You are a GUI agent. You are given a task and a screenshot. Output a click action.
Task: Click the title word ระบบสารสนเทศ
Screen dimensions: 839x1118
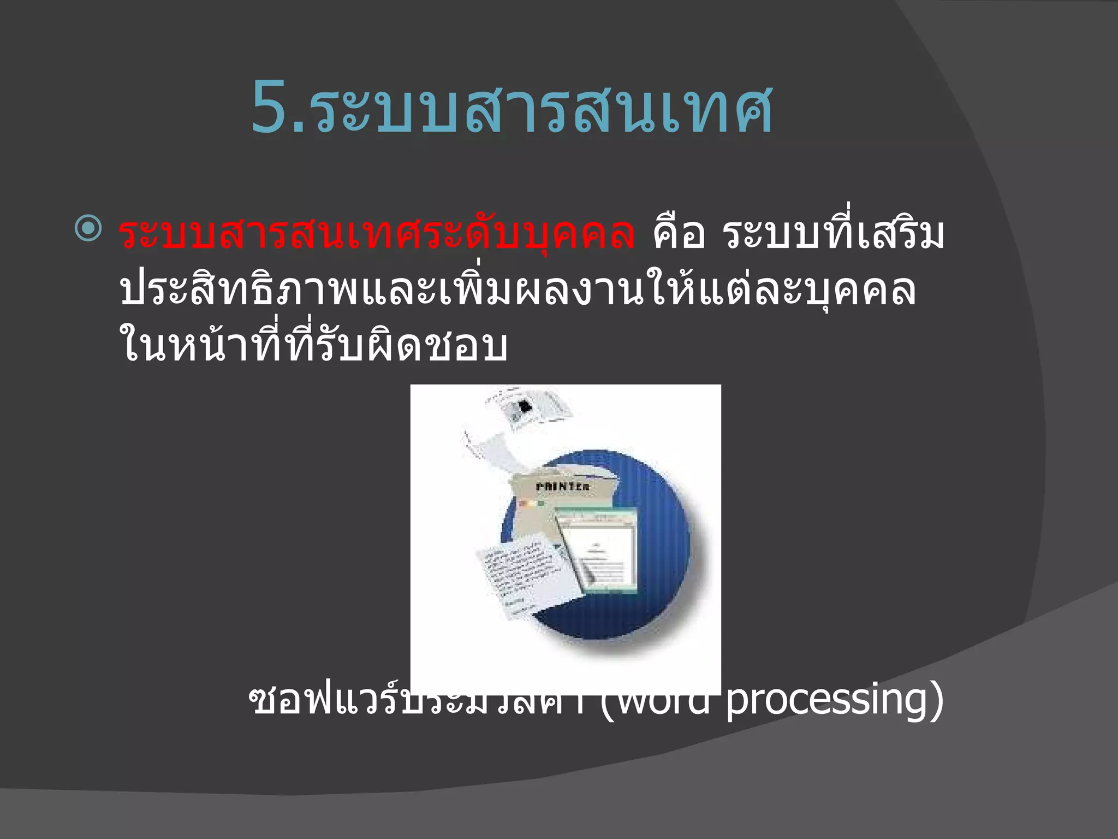tap(543, 109)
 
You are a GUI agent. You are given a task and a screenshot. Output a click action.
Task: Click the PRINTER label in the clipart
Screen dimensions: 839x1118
tap(562, 487)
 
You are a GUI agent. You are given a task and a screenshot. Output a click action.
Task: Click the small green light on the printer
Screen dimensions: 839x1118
tap(541, 503)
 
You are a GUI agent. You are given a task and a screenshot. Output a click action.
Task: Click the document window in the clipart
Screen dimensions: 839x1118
tap(598, 552)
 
